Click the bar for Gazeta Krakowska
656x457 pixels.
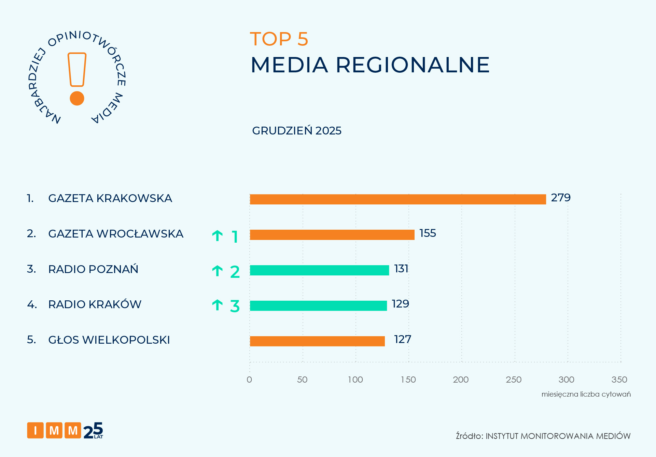398,199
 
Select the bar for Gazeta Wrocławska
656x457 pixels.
332,235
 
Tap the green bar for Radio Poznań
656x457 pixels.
319,270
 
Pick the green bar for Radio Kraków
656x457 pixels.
318,306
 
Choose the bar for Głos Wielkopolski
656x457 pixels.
317,341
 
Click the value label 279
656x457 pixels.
561,198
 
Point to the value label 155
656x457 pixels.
428,233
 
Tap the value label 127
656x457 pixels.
403,339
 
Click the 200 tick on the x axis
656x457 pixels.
461,380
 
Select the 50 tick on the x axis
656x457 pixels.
302,380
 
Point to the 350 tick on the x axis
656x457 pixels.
619,380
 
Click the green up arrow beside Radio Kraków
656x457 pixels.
218,305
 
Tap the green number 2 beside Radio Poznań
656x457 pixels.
235,272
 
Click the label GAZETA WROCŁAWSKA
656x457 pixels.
116,234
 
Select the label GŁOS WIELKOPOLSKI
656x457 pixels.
109,340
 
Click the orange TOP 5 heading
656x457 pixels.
279,39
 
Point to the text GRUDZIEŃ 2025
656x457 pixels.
296,131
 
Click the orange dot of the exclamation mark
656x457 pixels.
77,98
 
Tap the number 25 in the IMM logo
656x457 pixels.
93,430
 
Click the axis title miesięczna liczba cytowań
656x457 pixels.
586,394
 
